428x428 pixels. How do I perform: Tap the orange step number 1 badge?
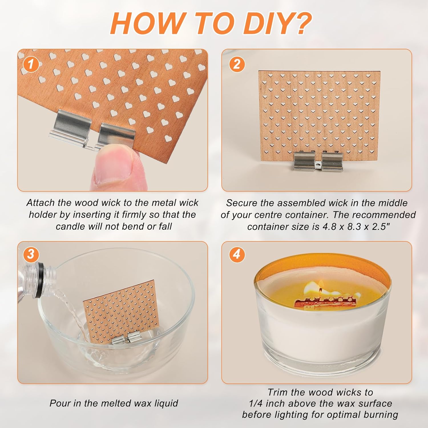click(30, 64)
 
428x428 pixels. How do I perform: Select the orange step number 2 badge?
click(237, 64)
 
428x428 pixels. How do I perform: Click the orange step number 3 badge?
click(30, 254)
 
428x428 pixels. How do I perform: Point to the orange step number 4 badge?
click(237, 254)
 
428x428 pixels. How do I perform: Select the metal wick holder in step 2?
click(318, 161)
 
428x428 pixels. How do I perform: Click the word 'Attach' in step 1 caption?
click(40, 203)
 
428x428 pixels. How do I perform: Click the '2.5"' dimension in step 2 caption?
click(380, 227)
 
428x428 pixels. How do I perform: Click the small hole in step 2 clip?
click(318, 165)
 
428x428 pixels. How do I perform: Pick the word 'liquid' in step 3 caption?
click(166, 403)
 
